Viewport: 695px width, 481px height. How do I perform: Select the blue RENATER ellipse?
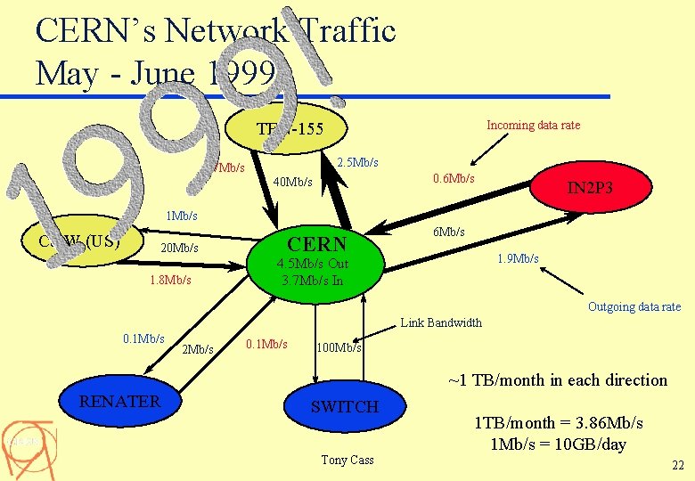click(119, 403)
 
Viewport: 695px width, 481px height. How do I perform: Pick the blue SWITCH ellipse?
click(345, 407)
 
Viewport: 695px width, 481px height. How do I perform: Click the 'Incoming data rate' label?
click(533, 126)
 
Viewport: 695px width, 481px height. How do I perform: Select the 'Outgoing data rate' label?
click(634, 307)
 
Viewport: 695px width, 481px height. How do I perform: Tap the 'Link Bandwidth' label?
click(441, 322)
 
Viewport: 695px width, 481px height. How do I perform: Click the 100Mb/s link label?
click(339, 347)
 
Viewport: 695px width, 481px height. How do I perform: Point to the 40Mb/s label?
click(292, 183)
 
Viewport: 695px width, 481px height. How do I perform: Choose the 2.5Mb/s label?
click(358, 162)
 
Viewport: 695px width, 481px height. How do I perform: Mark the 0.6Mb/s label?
click(454, 179)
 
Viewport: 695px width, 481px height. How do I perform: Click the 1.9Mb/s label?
click(518, 259)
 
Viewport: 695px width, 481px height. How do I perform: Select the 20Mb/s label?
click(178, 248)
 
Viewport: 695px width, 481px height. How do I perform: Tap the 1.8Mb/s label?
click(170, 281)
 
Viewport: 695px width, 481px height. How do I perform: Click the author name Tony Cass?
click(347, 460)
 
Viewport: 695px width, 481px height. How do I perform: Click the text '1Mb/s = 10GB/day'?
click(558, 444)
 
